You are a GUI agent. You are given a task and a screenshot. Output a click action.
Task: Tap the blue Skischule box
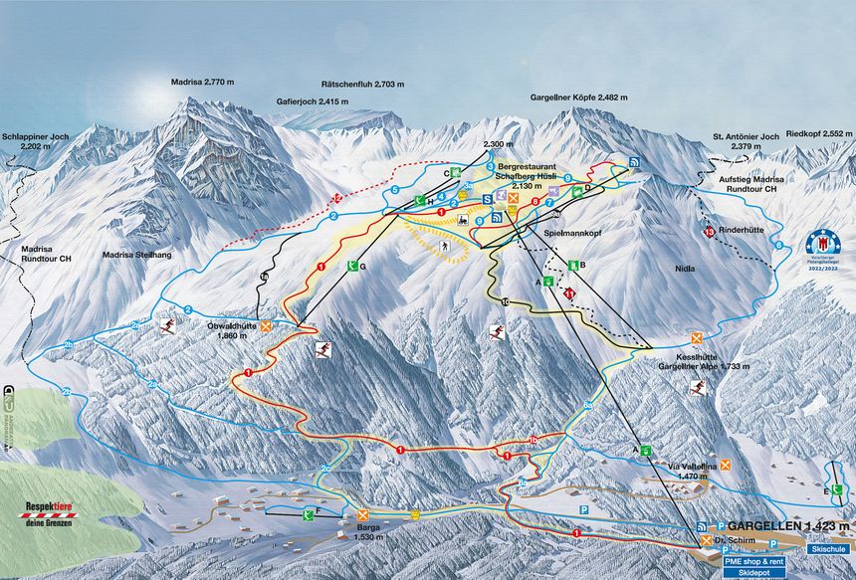pyautogui.click(x=827, y=548)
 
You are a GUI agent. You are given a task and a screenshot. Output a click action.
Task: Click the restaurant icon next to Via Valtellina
pyautogui.click(x=726, y=465)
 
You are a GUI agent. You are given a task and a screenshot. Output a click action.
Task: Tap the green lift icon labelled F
pyautogui.click(x=308, y=513)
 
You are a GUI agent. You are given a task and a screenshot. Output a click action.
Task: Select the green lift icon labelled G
pyautogui.click(x=352, y=266)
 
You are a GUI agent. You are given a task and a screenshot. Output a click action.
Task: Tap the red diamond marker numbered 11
pyautogui.click(x=569, y=294)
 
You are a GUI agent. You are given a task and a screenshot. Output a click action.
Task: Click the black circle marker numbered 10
pyautogui.click(x=506, y=301)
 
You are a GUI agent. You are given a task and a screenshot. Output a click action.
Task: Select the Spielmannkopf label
pyautogui.click(x=573, y=231)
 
